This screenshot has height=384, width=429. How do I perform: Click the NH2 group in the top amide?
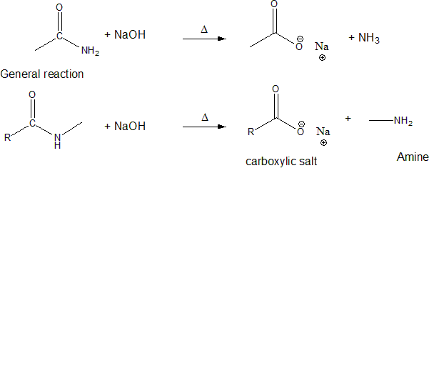click(x=90, y=51)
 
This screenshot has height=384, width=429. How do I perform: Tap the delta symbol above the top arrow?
click(x=204, y=30)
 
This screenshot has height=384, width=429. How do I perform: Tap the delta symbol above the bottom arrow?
click(x=204, y=118)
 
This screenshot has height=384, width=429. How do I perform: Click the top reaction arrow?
click(x=204, y=39)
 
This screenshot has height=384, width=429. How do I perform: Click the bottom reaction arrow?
click(x=204, y=127)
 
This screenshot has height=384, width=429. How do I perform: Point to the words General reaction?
click(x=42, y=74)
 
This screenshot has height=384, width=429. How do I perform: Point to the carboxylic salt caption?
click(x=281, y=162)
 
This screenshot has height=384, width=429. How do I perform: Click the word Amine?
click(x=413, y=157)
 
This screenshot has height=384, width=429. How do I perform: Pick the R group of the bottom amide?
click(x=7, y=137)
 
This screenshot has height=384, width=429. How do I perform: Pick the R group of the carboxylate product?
click(x=251, y=132)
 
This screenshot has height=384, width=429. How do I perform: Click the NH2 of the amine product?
click(x=403, y=122)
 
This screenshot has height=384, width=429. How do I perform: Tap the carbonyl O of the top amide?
click(x=59, y=8)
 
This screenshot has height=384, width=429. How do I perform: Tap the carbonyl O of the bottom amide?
click(x=32, y=94)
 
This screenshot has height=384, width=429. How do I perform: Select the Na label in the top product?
click(x=322, y=46)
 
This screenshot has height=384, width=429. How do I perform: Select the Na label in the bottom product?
click(x=323, y=132)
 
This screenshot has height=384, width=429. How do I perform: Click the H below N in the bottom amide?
click(x=57, y=146)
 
